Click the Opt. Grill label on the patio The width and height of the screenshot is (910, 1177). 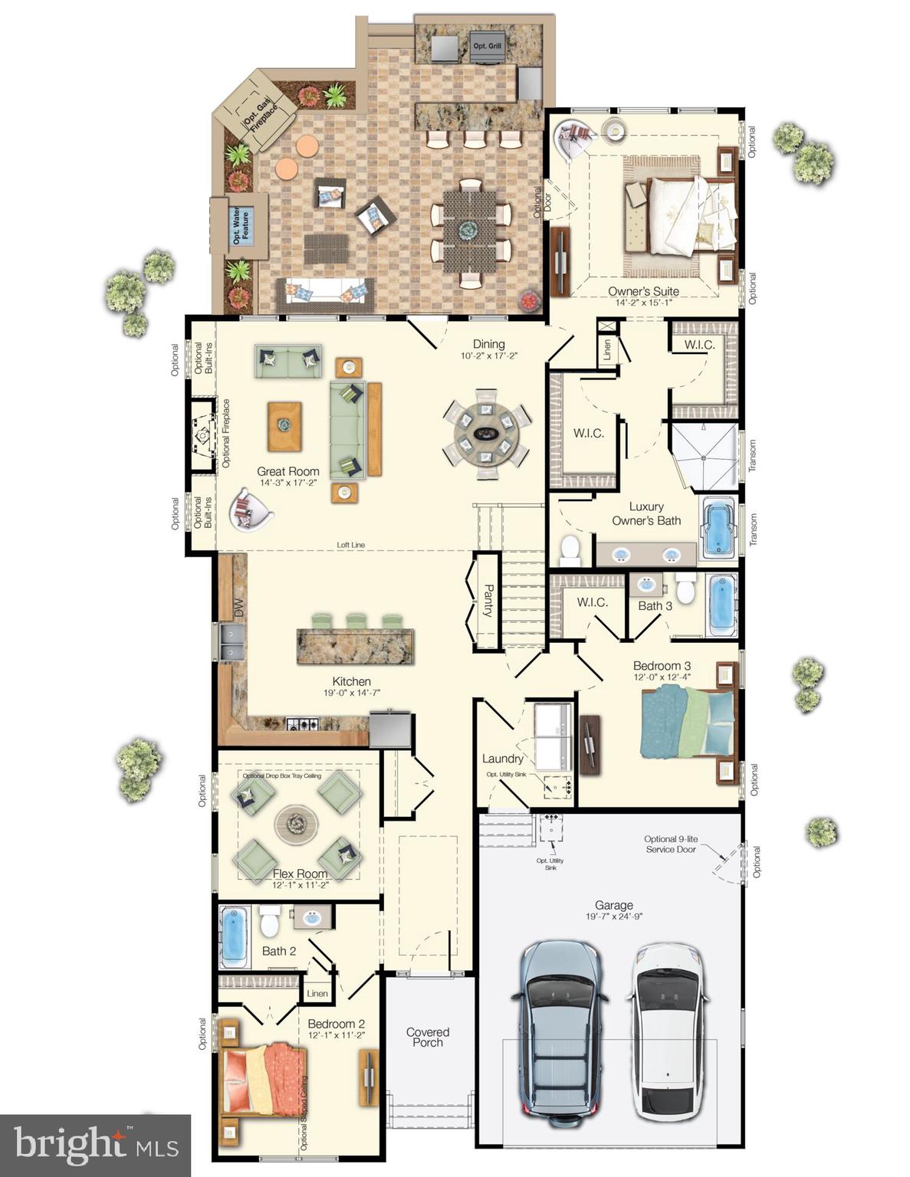(x=488, y=46)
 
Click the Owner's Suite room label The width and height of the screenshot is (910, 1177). (x=643, y=291)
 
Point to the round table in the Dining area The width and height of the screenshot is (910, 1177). (x=486, y=434)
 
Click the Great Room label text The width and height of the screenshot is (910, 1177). (x=287, y=472)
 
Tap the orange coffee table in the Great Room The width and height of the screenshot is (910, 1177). (x=284, y=426)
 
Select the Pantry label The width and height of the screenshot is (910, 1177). (x=488, y=601)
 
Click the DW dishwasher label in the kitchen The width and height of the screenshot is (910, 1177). (x=238, y=608)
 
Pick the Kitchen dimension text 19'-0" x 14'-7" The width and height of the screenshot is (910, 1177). (x=351, y=693)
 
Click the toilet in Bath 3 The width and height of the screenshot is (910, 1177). (x=685, y=588)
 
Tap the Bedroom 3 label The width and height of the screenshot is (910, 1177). (x=662, y=666)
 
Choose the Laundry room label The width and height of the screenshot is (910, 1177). (x=503, y=759)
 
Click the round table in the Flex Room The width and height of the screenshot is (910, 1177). (x=296, y=824)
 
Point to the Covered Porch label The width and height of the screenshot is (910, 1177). (x=428, y=1037)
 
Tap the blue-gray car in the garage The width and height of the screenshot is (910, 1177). (x=560, y=1031)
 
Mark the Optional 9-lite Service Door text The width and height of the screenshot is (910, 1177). (x=671, y=844)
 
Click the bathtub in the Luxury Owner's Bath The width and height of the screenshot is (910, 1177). (x=718, y=527)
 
